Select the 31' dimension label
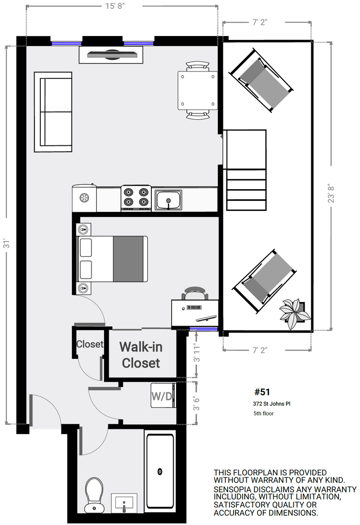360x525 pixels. tap(7, 243)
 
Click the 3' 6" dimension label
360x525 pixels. tap(196, 402)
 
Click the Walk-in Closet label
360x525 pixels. tap(141, 355)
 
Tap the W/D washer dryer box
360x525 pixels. tap(162, 396)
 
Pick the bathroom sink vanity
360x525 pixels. tap(124, 503)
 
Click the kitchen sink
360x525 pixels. tap(168, 200)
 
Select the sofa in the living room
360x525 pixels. tap(53, 112)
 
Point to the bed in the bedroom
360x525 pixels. tap(113, 259)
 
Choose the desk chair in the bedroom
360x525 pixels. tap(196, 293)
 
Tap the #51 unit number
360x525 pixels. tap(262, 392)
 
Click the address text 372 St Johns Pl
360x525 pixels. tap(271, 404)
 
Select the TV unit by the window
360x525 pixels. tap(111, 54)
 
